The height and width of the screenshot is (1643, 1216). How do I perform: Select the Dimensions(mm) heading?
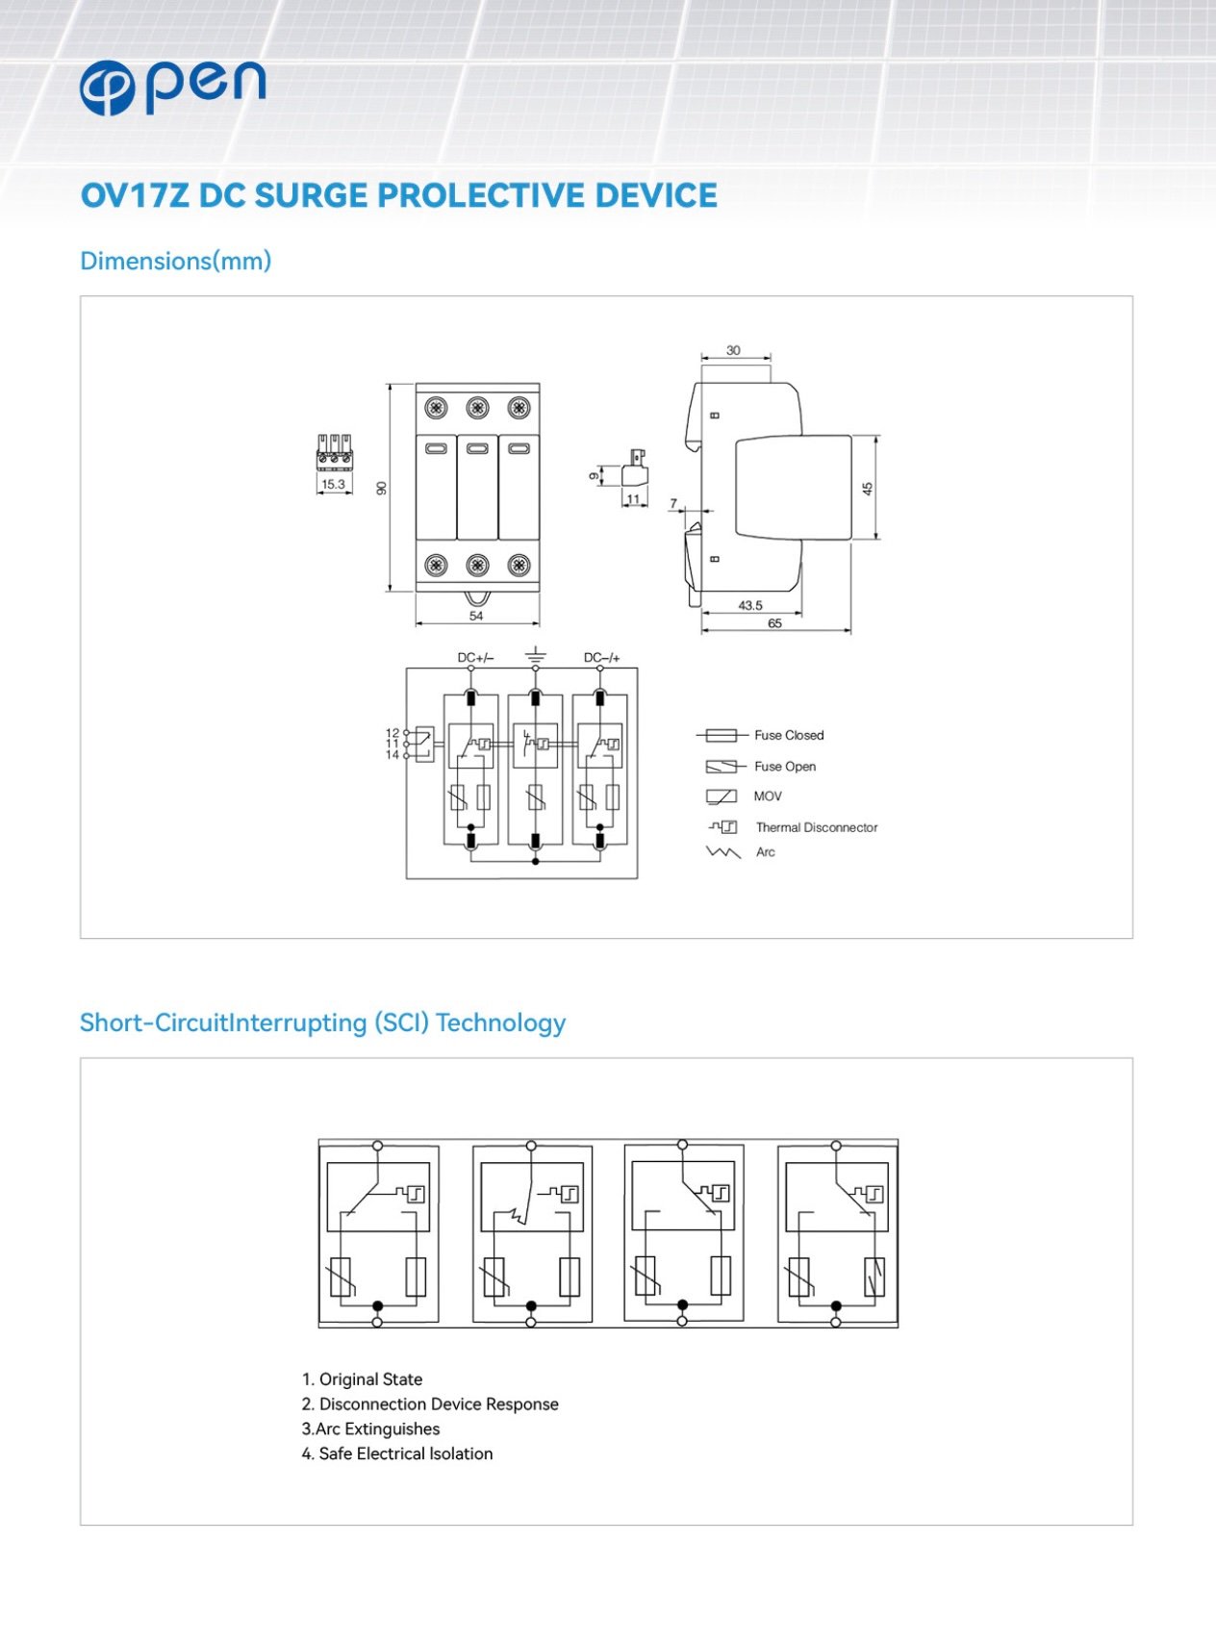click(176, 261)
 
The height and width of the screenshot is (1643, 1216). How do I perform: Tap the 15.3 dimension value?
click(333, 484)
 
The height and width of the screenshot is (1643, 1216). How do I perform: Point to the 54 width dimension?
click(476, 616)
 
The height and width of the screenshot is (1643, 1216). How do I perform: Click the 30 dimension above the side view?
click(733, 350)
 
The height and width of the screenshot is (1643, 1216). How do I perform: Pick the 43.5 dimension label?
click(750, 605)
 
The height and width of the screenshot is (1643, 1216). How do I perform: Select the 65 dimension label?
click(774, 623)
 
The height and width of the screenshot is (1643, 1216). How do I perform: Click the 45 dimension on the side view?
click(868, 489)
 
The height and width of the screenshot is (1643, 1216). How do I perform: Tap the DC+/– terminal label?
click(475, 658)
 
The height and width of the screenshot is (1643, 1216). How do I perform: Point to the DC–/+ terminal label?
click(602, 658)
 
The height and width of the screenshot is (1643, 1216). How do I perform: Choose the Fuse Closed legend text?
click(789, 735)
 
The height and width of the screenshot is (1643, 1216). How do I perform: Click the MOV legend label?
click(768, 796)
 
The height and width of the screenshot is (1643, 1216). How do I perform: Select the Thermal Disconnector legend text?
click(817, 827)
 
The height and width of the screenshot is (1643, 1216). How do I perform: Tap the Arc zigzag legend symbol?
click(723, 852)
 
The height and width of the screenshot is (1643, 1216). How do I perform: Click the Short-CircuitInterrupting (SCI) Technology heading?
click(322, 1023)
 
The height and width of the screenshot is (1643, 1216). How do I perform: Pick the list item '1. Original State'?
click(362, 1379)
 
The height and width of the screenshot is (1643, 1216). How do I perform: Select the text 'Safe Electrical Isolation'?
click(406, 1453)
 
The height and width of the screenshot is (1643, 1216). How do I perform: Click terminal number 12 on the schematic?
click(393, 733)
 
